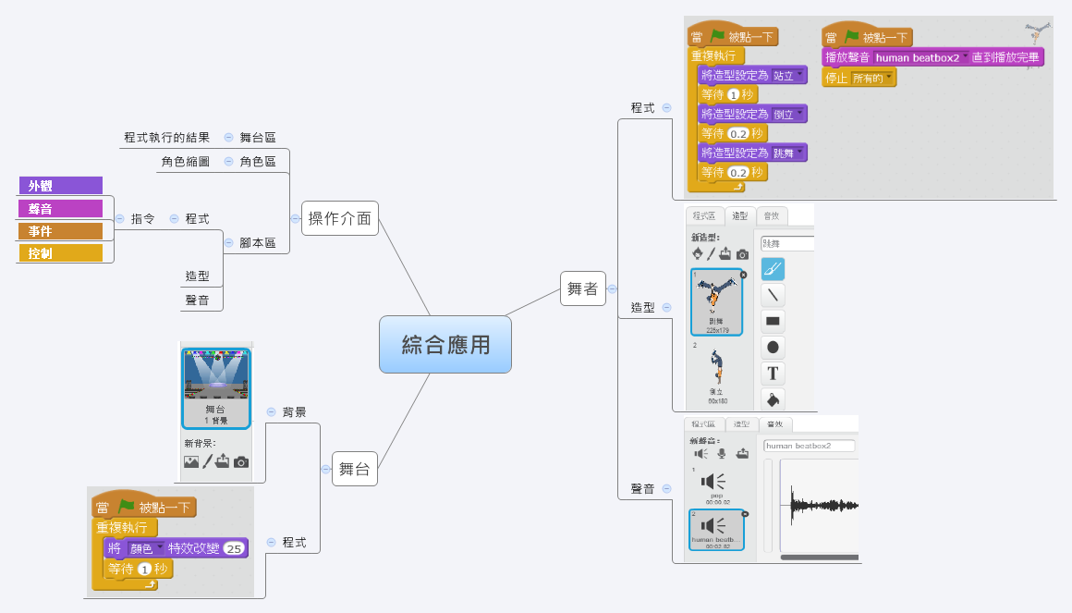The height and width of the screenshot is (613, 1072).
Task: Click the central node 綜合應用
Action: pyautogui.click(x=445, y=345)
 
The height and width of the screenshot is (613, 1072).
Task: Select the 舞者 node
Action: pyautogui.click(x=582, y=288)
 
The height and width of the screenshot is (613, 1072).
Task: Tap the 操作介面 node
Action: pyautogui.click(x=339, y=219)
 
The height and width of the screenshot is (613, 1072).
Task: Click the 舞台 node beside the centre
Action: pyautogui.click(x=354, y=469)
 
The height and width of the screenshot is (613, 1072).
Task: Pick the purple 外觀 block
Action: pyautogui.click(x=60, y=186)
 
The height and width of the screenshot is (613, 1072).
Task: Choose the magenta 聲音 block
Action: pyautogui.click(x=60, y=208)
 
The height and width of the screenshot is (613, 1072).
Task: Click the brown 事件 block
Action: pyautogui.click(x=60, y=230)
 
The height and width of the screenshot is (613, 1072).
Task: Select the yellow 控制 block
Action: pyautogui.click(x=60, y=252)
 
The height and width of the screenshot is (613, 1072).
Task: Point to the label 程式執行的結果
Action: pyautogui.click(x=166, y=138)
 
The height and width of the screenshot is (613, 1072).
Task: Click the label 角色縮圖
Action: pyautogui.click(x=185, y=162)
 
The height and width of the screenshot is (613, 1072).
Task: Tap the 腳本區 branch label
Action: pyautogui.click(x=258, y=243)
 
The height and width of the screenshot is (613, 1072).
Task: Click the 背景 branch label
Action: pyautogui.click(x=295, y=411)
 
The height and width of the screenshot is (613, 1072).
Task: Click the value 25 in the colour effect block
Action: pyautogui.click(x=233, y=548)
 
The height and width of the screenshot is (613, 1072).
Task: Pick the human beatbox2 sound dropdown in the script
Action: pyautogui.click(x=920, y=57)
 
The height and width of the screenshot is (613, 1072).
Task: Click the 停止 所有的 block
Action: pyautogui.click(x=859, y=78)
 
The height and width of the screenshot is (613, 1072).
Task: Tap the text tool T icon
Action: pyautogui.click(x=773, y=374)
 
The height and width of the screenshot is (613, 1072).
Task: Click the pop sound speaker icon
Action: pyautogui.click(x=713, y=482)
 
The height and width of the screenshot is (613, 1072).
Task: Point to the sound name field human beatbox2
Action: pyautogui.click(x=809, y=446)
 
